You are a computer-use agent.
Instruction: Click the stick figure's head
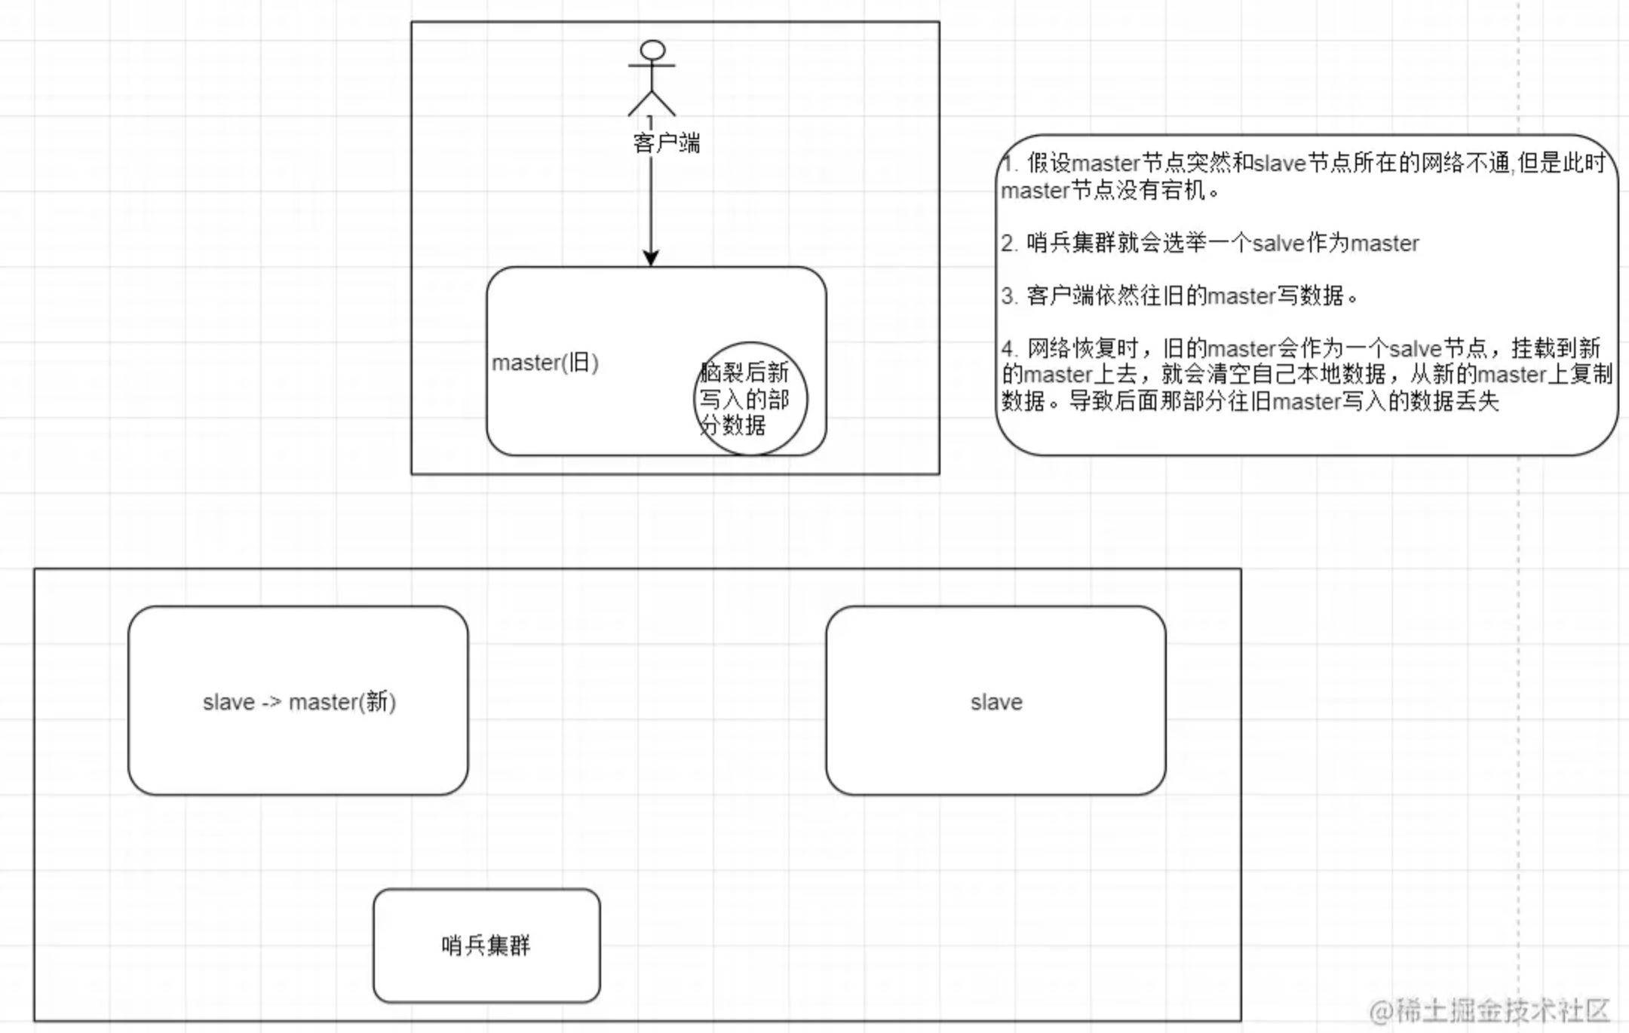[x=652, y=51]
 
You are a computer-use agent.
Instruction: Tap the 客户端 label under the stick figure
[x=667, y=143]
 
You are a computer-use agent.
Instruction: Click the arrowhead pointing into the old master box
[x=651, y=257]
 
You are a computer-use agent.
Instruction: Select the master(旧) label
[x=545, y=363]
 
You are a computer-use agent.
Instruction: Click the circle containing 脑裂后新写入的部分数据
[x=750, y=398]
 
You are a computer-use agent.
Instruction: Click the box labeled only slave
[x=995, y=701]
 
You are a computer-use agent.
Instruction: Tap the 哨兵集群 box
[x=486, y=945]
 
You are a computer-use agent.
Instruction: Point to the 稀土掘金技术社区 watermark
[x=1489, y=1010]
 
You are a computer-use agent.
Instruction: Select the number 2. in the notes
[x=1009, y=244]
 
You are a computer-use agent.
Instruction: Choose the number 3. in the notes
[x=1009, y=296]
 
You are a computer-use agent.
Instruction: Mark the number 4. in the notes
[x=1009, y=348]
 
